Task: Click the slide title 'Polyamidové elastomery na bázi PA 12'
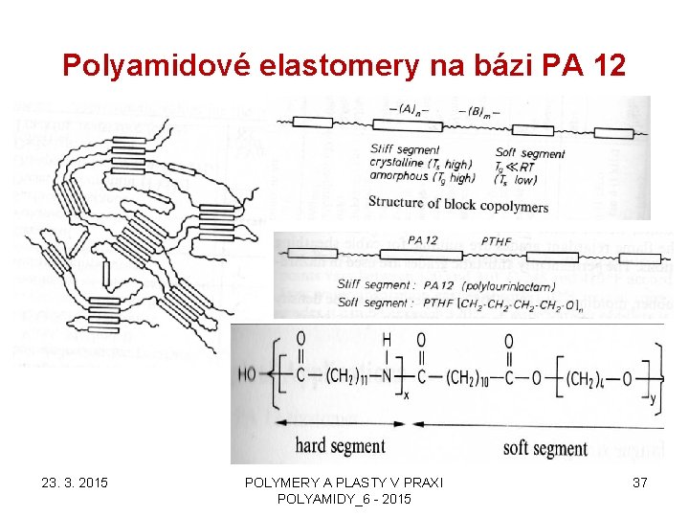[344, 65]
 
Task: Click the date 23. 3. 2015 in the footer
[75, 483]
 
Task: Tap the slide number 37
[640, 483]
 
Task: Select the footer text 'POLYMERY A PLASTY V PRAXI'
[344, 483]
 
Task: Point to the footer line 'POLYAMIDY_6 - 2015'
[344, 500]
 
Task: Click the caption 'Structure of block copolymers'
[458, 204]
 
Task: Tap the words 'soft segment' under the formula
[545, 447]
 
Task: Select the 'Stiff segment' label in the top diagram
[404, 150]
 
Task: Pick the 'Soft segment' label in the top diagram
[530, 153]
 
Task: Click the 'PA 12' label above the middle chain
[422, 240]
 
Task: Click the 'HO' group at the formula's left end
[248, 376]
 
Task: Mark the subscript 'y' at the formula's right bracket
[653, 399]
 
